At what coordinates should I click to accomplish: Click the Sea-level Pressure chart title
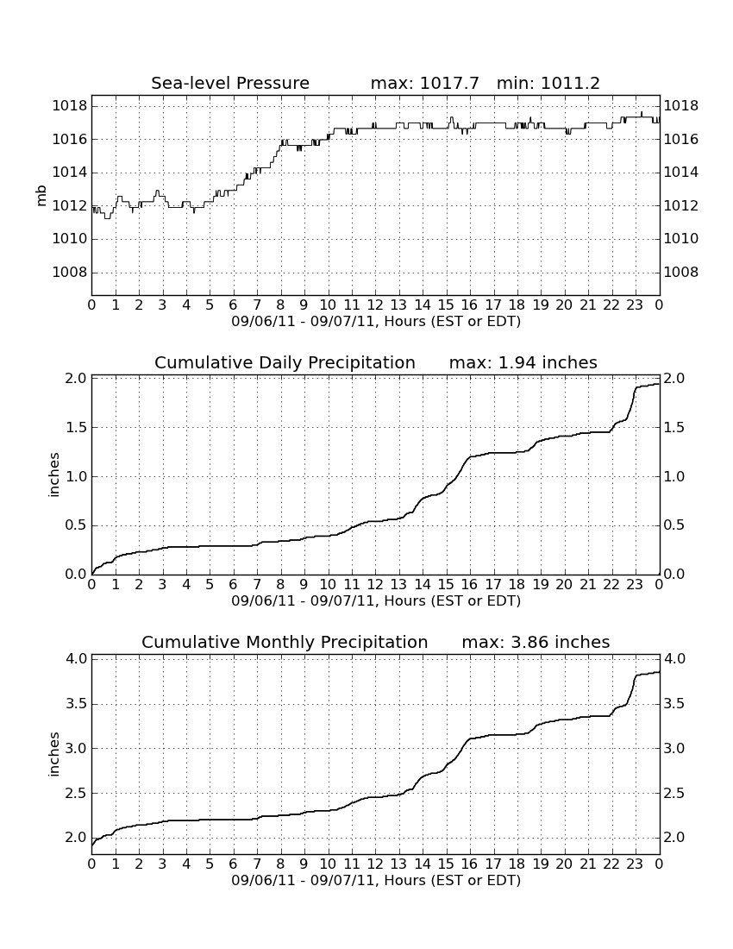tap(230, 83)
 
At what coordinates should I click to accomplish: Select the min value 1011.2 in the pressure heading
tap(570, 83)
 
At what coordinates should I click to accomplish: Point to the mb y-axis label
tap(41, 196)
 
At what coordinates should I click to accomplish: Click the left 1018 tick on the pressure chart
tap(70, 106)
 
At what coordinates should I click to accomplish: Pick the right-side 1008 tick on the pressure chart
tap(681, 273)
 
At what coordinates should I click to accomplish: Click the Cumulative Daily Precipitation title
tap(285, 362)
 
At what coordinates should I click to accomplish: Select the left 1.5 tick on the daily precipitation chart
tap(76, 428)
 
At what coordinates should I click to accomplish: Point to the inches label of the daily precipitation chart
tap(54, 475)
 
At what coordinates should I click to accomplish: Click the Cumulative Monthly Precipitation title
tap(285, 642)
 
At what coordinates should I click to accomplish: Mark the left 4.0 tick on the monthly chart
tap(76, 658)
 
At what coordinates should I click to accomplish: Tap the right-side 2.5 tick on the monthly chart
tap(674, 794)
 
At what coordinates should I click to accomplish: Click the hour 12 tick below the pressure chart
tap(375, 305)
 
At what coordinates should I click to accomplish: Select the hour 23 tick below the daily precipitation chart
tap(635, 584)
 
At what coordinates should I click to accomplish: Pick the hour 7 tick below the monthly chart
tap(257, 864)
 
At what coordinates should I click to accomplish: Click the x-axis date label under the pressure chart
tap(376, 322)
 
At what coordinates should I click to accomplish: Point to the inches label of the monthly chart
tap(54, 754)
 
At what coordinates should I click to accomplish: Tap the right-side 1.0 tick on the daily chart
tap(674, 477)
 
